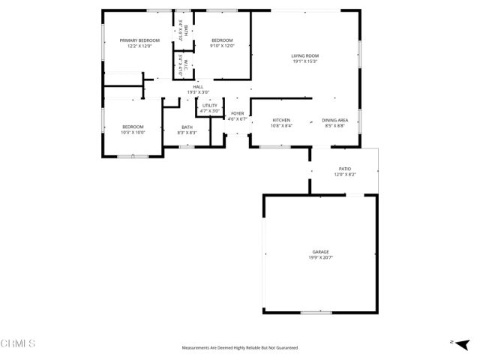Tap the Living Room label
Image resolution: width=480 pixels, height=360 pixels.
tap(305, 55)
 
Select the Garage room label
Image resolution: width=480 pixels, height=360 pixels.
tap(321, 252)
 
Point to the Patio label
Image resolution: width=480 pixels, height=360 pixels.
tap(345, 169)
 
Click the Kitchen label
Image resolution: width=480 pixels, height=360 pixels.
tap(281, 121)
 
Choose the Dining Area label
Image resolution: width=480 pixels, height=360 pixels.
tap(334, 121)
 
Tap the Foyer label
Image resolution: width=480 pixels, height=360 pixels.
tap(237, 113)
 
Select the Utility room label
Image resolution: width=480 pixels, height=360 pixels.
tap(209, 106)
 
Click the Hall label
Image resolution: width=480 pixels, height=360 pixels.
tap(198, 87)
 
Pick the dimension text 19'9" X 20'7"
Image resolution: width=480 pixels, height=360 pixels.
tap(321, 257)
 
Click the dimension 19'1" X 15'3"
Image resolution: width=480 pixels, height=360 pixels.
tap(305, 61)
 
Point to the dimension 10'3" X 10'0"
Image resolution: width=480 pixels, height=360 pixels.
tap(133, 132)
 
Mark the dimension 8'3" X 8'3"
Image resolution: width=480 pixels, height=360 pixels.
tap(187, 133)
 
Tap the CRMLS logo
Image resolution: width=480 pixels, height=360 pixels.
tap(18, 343)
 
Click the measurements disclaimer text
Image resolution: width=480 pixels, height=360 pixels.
tap(240, 348)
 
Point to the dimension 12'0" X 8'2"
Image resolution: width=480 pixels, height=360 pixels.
tap(345, 175)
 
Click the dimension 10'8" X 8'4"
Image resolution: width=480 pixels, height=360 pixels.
tap(281, 126)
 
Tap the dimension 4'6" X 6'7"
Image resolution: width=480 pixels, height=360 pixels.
tap(237, 118)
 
